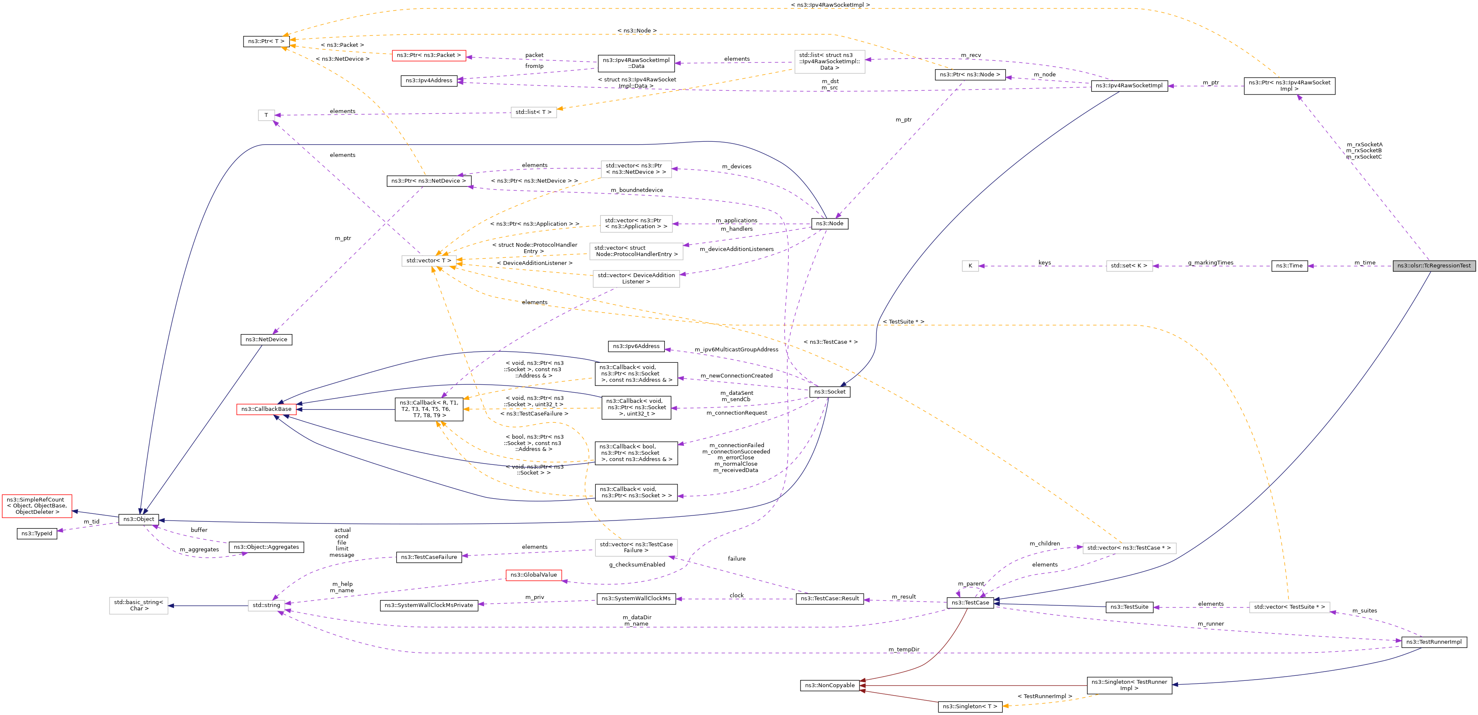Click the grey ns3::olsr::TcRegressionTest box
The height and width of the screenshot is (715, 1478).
1434,265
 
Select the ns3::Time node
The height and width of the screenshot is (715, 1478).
1289,265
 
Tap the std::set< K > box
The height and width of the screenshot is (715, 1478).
1129,265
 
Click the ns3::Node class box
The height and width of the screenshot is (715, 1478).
829,224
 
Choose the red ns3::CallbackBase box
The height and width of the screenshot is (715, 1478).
266,409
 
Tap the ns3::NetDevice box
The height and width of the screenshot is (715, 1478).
266,340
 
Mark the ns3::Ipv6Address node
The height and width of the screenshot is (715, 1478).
636,346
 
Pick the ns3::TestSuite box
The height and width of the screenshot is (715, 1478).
1129,607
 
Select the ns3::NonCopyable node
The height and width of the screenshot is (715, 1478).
829,685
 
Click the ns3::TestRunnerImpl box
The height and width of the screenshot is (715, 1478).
1434,642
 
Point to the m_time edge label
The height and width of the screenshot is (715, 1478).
1365,262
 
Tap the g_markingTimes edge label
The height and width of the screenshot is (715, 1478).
1210,262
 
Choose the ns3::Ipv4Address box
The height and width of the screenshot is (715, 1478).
428,81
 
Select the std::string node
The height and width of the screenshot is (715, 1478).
266,605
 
